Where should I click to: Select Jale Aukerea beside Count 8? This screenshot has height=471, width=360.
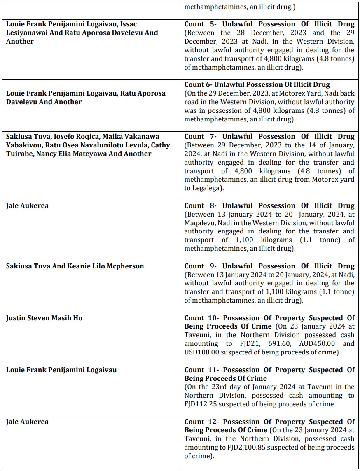pos(27,205)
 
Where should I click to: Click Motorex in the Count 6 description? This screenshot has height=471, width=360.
pos(280,93)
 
